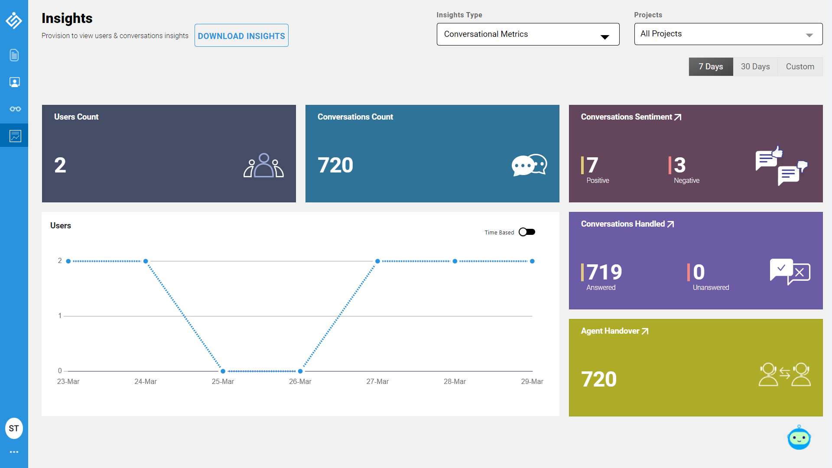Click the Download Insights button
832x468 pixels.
pyautogui.click(x=241, y=36)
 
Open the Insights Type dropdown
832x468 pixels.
pyautogui.click(x=528, y=34)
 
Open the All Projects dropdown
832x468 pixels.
pyautogui.click(x=728, y=34)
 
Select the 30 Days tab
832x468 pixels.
pyautogui.click(x=755, y=67)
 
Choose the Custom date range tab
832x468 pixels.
pyautogui.click(x=800, y=67)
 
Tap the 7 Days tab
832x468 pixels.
pyautogui.click(x=711, y=67)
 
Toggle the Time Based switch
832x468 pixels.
pyautogui.click(x=527, y=232)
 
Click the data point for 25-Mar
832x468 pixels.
pyautogui.click(x=223, y=371)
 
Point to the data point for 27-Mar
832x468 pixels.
pyautogui.click(x=377, y=261)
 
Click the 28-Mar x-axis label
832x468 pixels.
pyautogui.click(x=455, y=382)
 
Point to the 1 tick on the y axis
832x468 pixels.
pyautogui.click(x=60, y=316)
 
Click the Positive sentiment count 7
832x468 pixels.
pyautogui.click(x=592, y=165)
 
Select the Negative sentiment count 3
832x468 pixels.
pyautogui.click(x=680, y=165)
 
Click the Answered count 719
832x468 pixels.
pyautogui.click(x=604, y=272)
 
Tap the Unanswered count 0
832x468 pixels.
pyautogui.click(x=699, y=272)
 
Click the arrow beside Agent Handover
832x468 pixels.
pyautogui.click(x=645, y=331)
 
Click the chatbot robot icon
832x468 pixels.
pyautogui.click(x=799, y=438)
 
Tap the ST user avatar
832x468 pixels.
pyautogui.click(x=14, y=429)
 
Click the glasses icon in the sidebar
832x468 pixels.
pyautogui.click(x=15, y=109)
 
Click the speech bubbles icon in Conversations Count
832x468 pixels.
pyautogui.click(x=529, y=165)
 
